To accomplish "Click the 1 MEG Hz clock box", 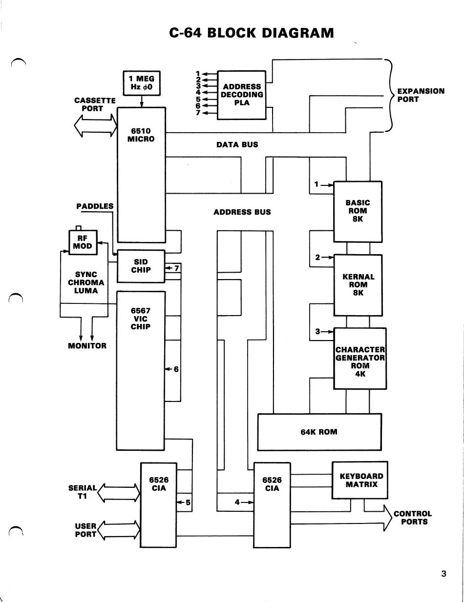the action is (142, 83).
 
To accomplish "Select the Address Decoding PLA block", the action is (241, 95).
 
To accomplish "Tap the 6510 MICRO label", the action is (141, 135).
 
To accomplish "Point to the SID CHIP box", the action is (141, 266).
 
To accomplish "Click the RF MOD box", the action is (83, 242).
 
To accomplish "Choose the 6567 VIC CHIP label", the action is (141, 319).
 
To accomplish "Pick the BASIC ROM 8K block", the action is (358, 212).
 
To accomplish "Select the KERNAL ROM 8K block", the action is (358, 285).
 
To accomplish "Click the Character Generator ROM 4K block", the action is (360, 359).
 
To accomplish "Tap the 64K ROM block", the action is (319, 432).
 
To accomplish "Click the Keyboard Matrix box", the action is (360, 481).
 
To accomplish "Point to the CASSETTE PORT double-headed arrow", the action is (96, 125).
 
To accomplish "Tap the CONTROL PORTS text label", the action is (413, 518).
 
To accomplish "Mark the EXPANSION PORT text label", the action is (421, 95).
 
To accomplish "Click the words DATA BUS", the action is (237, 144).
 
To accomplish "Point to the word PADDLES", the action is (95, 206).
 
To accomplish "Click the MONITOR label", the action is (87, 346).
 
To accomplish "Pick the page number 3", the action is (444, 574).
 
